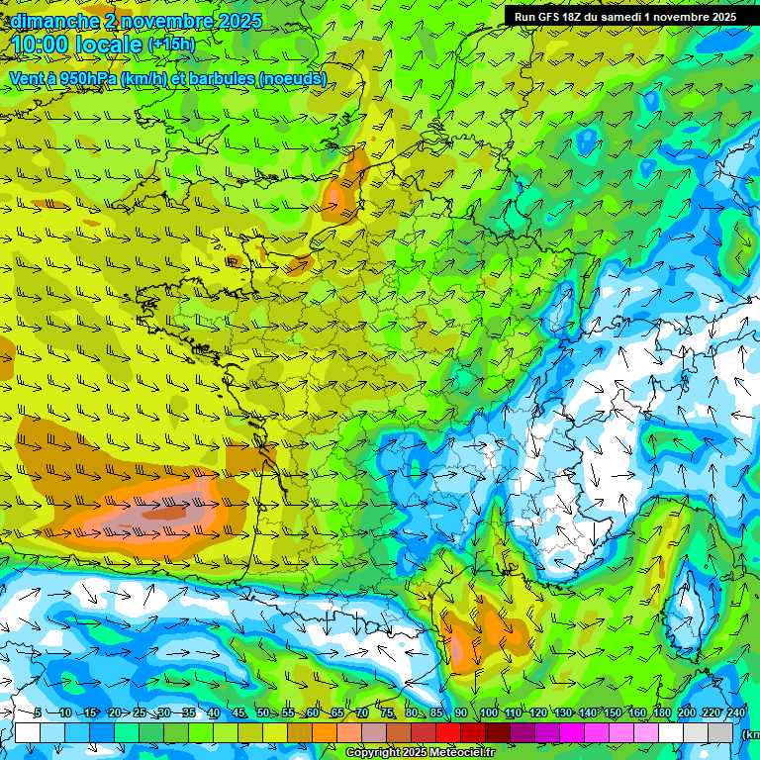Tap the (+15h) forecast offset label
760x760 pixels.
pos(171,45)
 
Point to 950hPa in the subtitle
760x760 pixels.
pos(88,79)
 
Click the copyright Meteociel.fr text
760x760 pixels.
pos(420,753)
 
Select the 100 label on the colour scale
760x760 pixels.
pos(489,712)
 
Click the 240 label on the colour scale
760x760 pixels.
pos(735,712)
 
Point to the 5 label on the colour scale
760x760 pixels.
pos(37,712)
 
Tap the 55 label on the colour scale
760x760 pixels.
pos(287,712)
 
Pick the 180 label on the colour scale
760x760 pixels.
pos(661,712)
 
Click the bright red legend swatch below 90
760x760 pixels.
pos(448,733)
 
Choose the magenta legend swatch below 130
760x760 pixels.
pos(572,733)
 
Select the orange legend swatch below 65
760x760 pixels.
pos(325,733)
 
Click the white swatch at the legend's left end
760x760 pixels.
pos(28,733)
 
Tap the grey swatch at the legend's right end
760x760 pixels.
pos(721,733)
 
